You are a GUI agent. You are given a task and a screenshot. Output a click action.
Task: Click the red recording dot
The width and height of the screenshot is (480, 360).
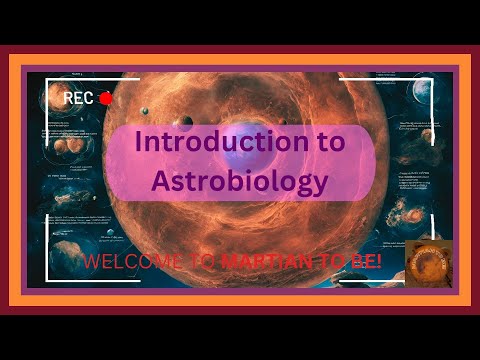tap(106, 98)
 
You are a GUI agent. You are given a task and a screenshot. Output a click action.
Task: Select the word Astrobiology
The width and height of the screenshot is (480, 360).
tap(239, 182)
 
